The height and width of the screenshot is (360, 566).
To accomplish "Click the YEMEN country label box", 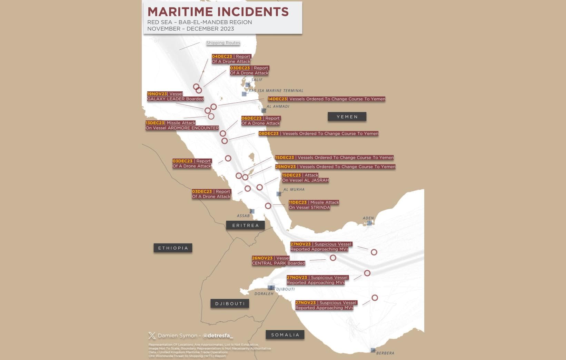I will (x=347, y=117).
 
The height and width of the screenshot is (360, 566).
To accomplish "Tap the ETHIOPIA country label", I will (x=173, y=248).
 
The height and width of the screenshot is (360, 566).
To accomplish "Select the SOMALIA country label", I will (x=285, y=335).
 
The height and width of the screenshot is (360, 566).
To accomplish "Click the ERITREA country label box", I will (x=245, y=226).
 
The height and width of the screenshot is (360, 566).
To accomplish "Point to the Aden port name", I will (x=368, y=218).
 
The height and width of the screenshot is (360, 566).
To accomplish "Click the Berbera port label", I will (x=385, y=353).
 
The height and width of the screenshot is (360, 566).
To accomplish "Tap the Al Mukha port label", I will (x=294, y=189).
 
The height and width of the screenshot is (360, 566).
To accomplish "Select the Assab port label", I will (x=243, y=216).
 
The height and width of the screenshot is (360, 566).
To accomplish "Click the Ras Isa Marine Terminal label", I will (x=276, y=91).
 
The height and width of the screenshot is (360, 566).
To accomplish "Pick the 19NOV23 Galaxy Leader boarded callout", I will (x=175, y=97).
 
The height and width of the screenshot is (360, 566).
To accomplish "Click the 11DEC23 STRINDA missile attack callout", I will (x=314, y=205).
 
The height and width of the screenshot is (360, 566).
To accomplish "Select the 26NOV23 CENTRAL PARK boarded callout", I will (x=278, y=261).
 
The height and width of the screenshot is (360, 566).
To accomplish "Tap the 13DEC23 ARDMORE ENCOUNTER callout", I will (x=182, y=126).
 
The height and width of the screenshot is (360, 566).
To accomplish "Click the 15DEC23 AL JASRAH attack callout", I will (x=305, y=178).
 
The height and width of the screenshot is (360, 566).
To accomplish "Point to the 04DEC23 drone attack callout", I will (x=231, y=59).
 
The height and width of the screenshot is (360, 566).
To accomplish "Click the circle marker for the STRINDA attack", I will (x=268, y=206).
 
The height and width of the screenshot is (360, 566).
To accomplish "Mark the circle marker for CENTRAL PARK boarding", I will (x=333, y=258).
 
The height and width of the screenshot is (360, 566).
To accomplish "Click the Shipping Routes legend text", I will (x=223, y=43).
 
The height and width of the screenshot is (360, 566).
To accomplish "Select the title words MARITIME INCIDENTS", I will (x=218, y=12).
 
